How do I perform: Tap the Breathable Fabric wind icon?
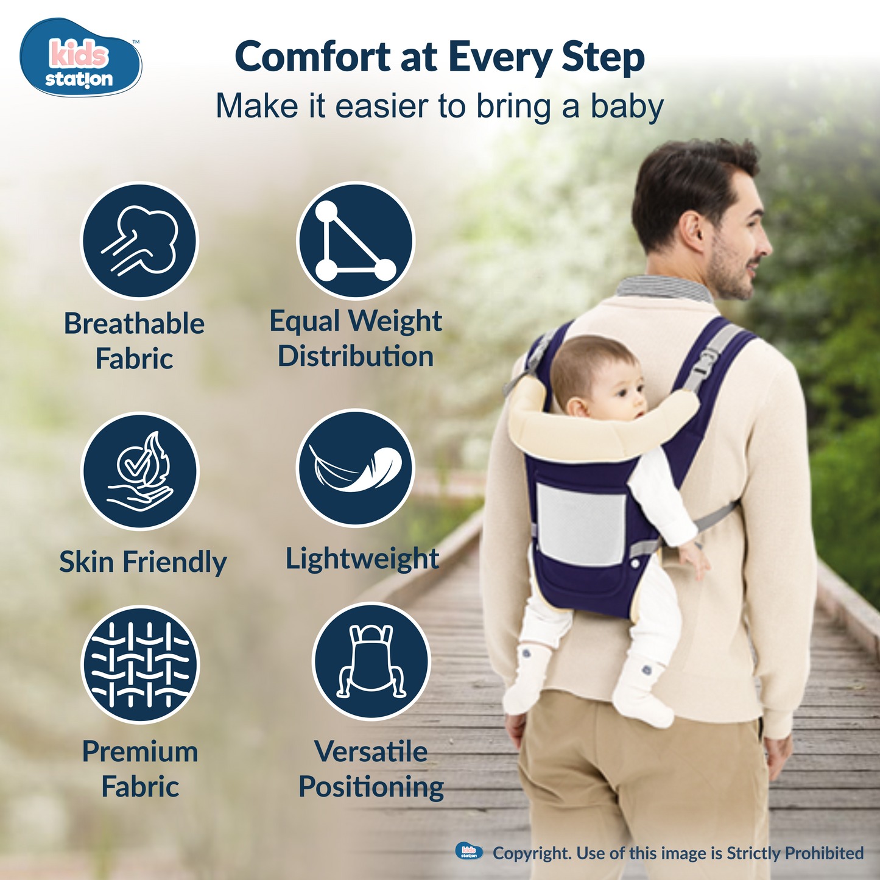[140, 241]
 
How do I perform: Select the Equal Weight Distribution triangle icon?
[355, 241]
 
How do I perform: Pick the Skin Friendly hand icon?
[140, 471]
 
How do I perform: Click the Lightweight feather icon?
[355, 468]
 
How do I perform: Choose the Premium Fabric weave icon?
[140, 664]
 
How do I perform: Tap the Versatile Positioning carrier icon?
[371, 661]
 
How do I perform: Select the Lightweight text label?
[362, 559]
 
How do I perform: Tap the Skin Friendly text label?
[143, 561]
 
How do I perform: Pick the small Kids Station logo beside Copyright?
[469, 851]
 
